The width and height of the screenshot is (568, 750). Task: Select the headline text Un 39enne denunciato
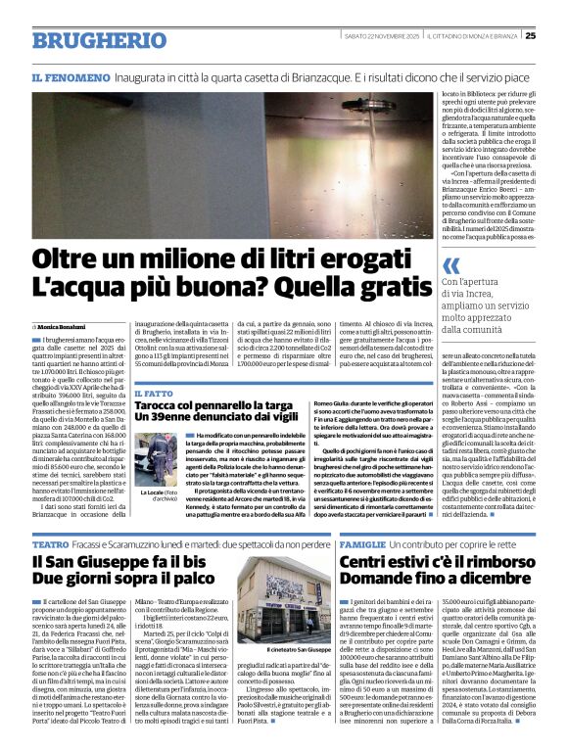coord(192,419)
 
